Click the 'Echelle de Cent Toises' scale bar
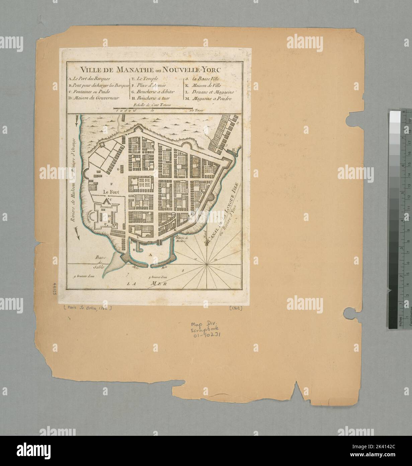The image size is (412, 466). (152, 108)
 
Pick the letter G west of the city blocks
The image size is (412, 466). (118, 170)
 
